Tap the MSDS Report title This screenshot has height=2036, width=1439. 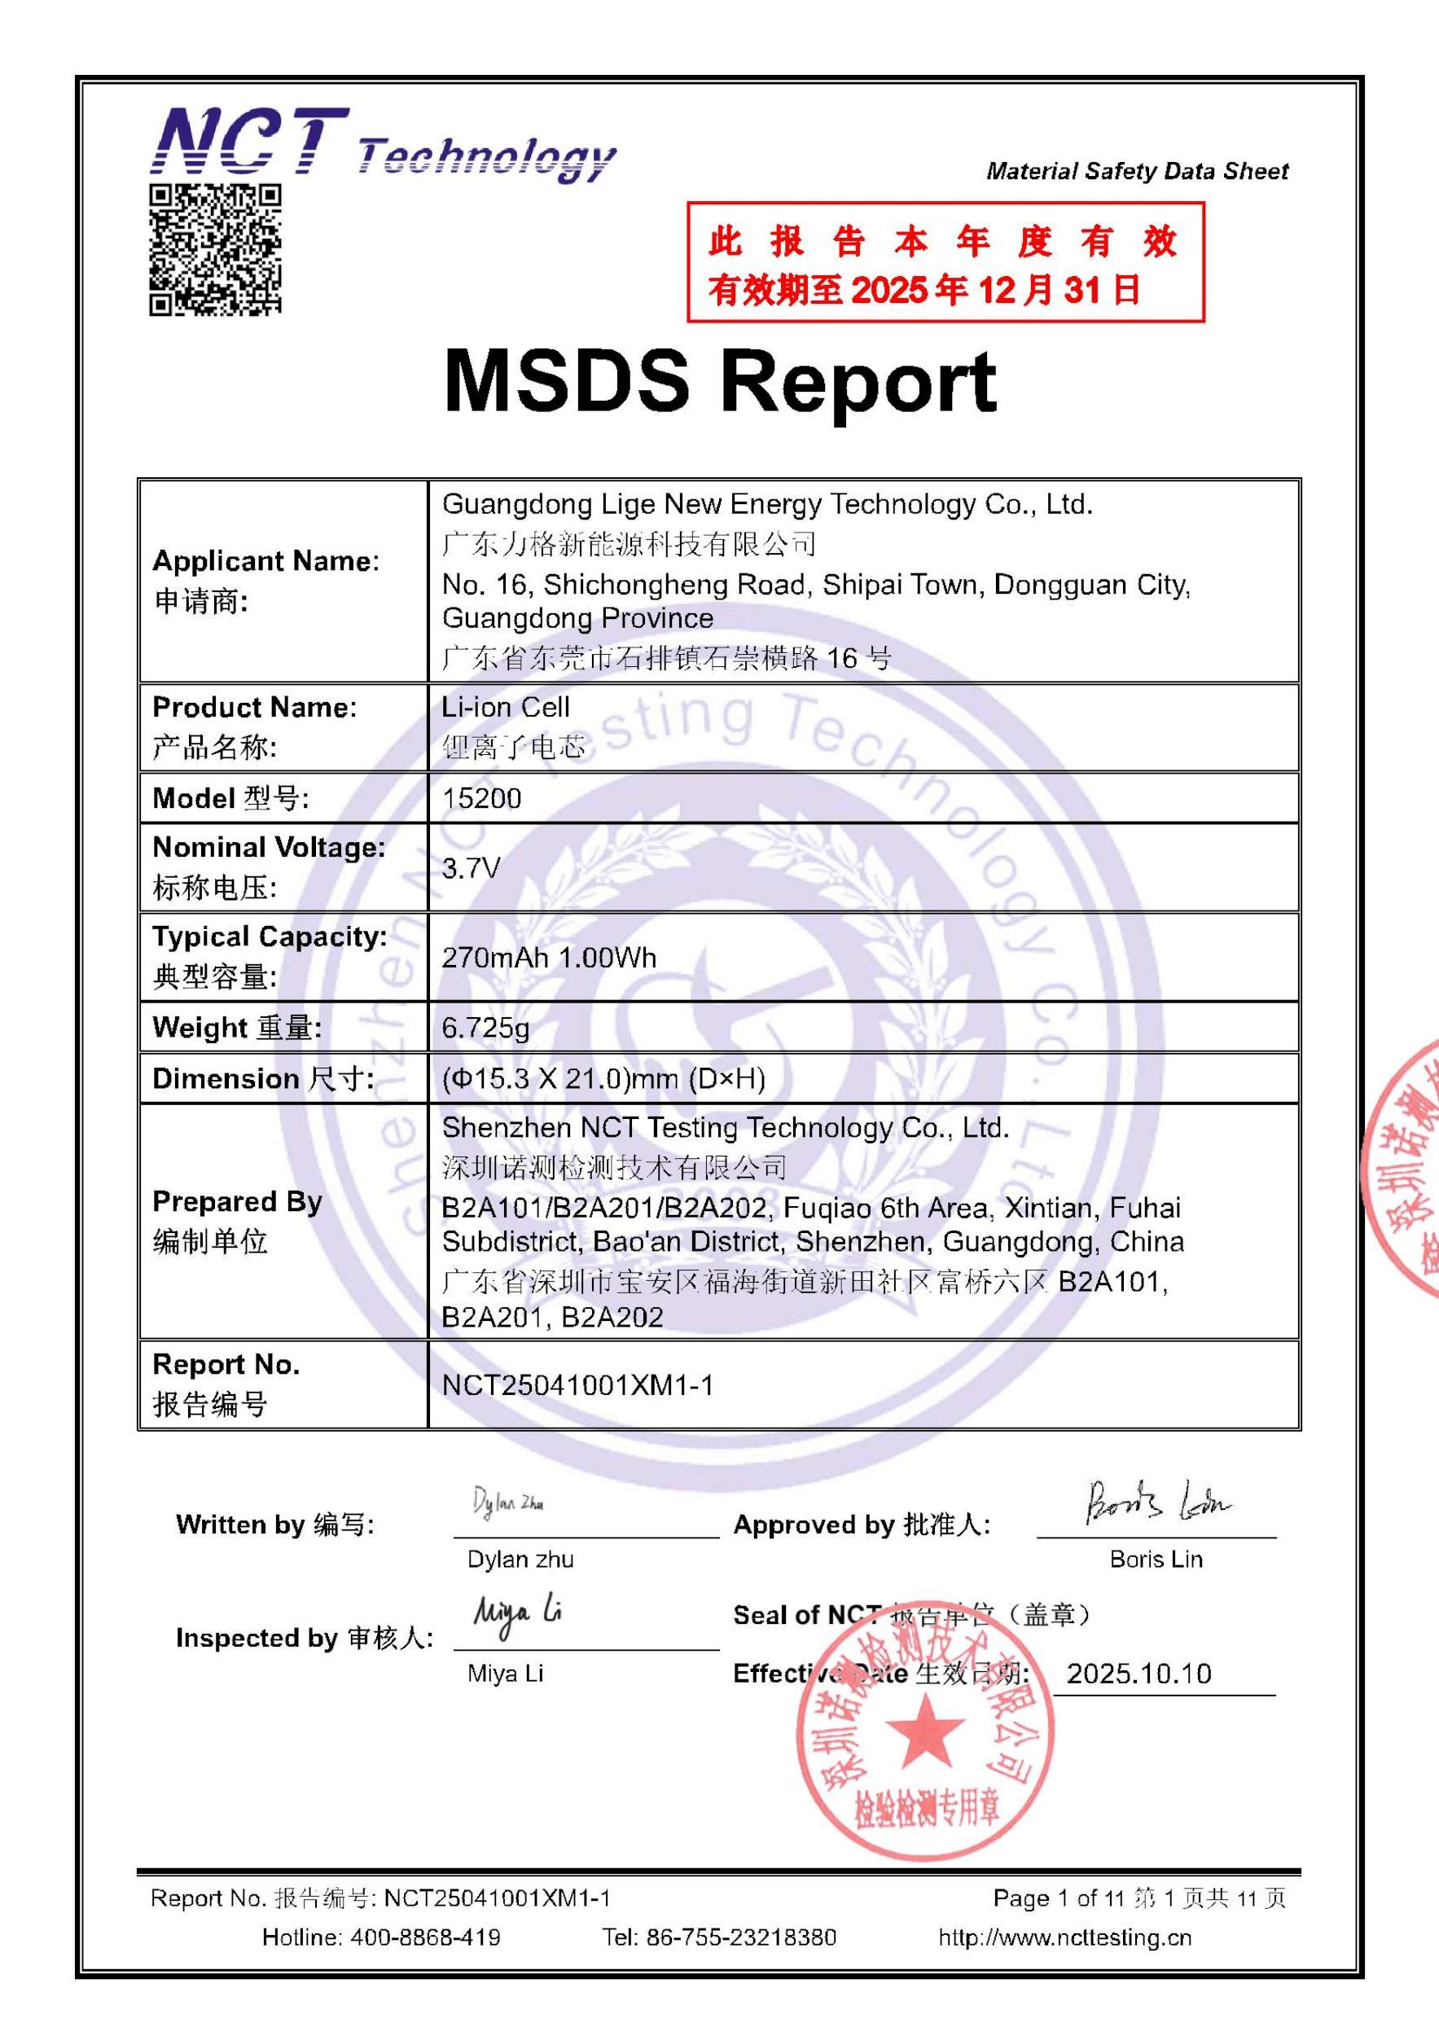point(719,382)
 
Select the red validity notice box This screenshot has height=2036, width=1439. point(945,262)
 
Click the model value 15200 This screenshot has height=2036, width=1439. point(481,798)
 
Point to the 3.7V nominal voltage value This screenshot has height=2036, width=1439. point(471,868)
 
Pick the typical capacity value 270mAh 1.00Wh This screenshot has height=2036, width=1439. point(549,958)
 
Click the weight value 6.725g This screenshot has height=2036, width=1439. point(485,1028)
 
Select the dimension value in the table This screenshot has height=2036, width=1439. point(603,1078)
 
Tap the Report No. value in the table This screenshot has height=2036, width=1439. point(577,1385)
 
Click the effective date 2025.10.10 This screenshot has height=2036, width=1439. point(1138,1674)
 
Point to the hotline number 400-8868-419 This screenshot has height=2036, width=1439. point(424,1937)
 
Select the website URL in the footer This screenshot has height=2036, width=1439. point(1065,1937)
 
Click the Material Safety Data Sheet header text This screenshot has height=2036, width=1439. point(1137,171)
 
